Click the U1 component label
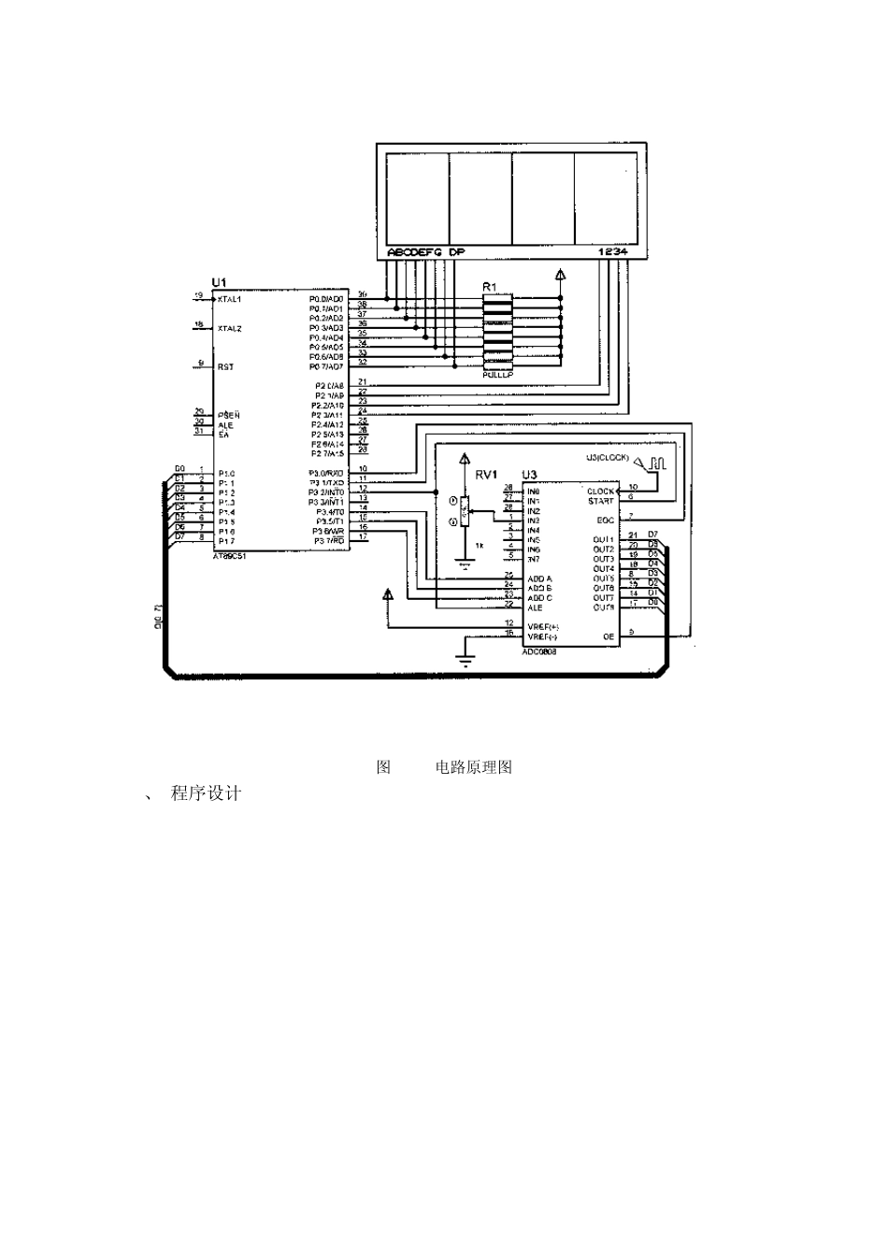point(219,282)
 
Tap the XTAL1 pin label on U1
point(229,300)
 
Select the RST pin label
point(225,367)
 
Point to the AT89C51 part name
point(229,555)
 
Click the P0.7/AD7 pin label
point(327,365)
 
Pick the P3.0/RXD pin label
point(328,473)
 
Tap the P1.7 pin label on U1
point(226,541)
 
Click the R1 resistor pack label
point(490,286)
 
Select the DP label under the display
point(456,252)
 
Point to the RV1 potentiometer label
point(485,475)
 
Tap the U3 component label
point(529,475)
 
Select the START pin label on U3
point(601,502)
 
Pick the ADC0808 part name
point(539,650)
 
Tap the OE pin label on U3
point(609,636)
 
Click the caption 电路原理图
point(474,767)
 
